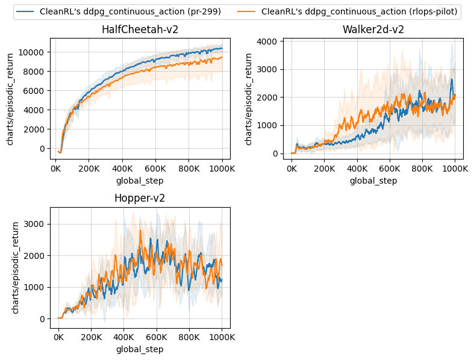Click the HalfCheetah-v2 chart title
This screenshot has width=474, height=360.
pyautogui.click(x=140, y=29)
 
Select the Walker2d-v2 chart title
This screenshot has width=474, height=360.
pyautogui.click(x=373, y=29)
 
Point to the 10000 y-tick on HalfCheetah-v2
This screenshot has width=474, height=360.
pyautogui.click(x=33, y=52)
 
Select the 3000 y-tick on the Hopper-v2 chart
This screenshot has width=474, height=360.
pyautogui.click(x=37, y=224)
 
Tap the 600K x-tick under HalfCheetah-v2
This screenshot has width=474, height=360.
pyautogui.click(x=156, y=169)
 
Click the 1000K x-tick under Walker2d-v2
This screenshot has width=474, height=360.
pyautogui.click(x=455, y=169)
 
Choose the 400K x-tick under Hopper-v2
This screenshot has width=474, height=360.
pyautogui.click(x=124, y=338)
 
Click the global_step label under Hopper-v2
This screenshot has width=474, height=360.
pyautogui.click(x=140, y=349)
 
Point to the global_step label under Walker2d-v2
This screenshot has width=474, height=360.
pyautogui.click(x=373, y=181)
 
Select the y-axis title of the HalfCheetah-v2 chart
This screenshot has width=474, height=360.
pyautogui.click(x=10, y=98)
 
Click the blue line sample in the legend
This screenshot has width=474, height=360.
pyautogui.click(x=25, y=11)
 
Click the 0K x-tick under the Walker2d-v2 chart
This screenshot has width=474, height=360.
pyautogui.click(x=292, y=169)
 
